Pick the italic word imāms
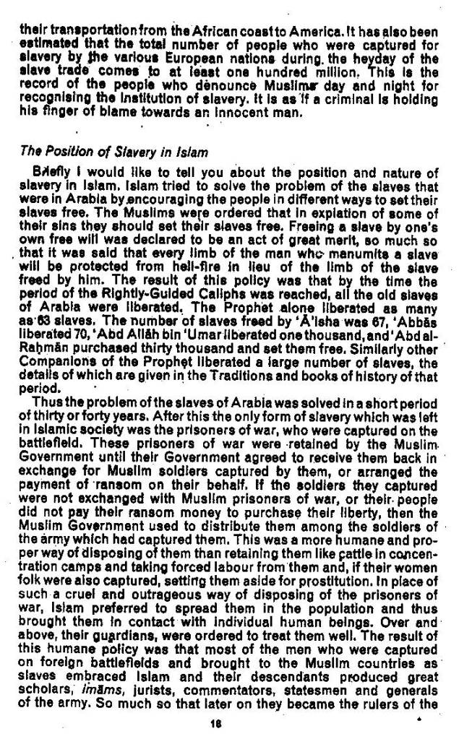pos(92,691)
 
